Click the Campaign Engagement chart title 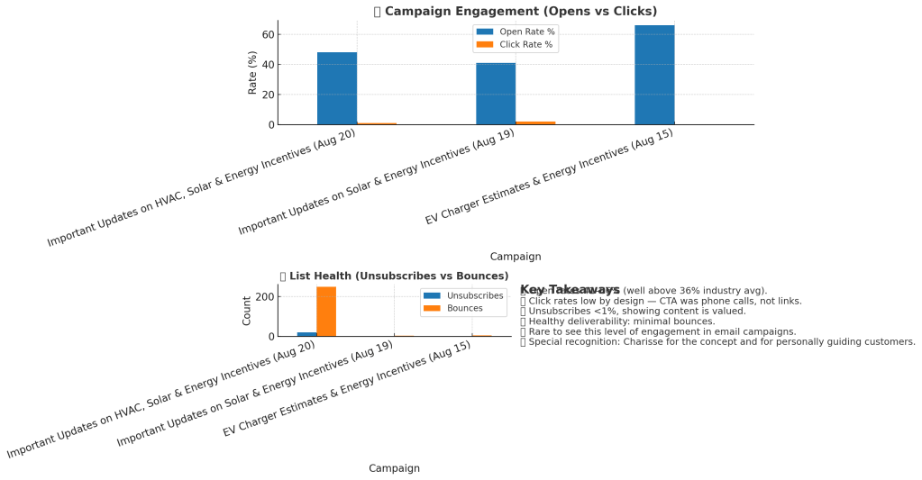[515, 12]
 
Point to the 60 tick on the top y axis [267, 34]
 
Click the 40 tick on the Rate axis [267, 65]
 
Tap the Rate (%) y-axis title [253, 73]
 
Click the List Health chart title [394, 276]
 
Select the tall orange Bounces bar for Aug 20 [325, 311]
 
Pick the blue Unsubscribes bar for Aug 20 [306, 334]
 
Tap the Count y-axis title [247, 311]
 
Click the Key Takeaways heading [570, 289]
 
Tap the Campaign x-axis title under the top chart [516, 257]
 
